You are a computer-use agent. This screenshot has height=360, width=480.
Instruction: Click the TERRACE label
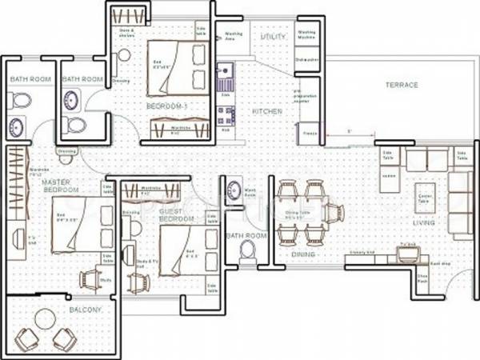pyautogui.click(x=402, y=84)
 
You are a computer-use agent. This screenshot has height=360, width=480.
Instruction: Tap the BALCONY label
pyautogui.click(x=60, y=310)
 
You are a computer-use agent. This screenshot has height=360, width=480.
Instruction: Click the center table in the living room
pyautogui.click(x=425, y=197)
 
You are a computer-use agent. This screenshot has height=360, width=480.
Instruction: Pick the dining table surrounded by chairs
pyautogui.click(x=302, y=214)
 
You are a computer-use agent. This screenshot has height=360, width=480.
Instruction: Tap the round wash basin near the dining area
pyautogui.click(x=234, y=190)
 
